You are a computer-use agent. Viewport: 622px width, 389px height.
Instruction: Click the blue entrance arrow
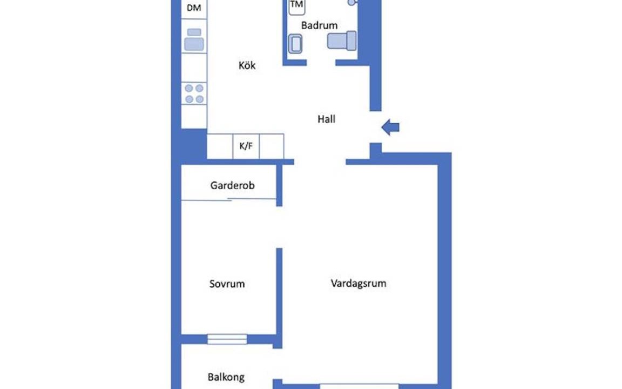coord(390,128)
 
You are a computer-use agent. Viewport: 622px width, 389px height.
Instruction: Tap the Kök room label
coord(247,65)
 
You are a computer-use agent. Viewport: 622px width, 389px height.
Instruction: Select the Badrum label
coord(319,25)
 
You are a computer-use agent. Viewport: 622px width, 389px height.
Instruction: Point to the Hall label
coord(326,119)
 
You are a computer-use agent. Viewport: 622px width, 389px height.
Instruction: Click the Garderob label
coord(233,185)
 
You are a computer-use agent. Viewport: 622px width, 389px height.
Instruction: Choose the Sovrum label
coord(227,284)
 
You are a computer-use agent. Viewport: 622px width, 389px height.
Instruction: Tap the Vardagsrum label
coord(358,284)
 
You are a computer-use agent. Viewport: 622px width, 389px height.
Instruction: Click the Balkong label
coord(226,377)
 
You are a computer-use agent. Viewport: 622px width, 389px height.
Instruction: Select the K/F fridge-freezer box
coord(246,146)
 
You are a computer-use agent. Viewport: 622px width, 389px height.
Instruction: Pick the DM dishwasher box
coord(194,9)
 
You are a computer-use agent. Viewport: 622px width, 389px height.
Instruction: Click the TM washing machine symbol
coord(297,6)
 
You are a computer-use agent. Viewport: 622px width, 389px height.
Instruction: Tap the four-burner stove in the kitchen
coord(194,93)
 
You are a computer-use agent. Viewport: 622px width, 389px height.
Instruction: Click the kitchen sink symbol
coord(194,39)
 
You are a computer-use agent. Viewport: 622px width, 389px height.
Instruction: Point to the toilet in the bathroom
coord(342,41)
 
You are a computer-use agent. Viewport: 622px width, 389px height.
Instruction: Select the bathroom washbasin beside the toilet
coord(295,44)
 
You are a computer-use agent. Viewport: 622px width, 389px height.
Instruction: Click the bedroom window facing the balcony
coord(227,339)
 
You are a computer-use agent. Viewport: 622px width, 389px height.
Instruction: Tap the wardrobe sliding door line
coord(229,200)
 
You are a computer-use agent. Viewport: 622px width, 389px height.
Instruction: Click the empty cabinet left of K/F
coord(220,146)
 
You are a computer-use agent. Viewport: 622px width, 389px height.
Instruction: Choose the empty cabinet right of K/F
coord(272,146)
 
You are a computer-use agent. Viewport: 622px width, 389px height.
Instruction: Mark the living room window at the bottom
coord(359,386)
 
